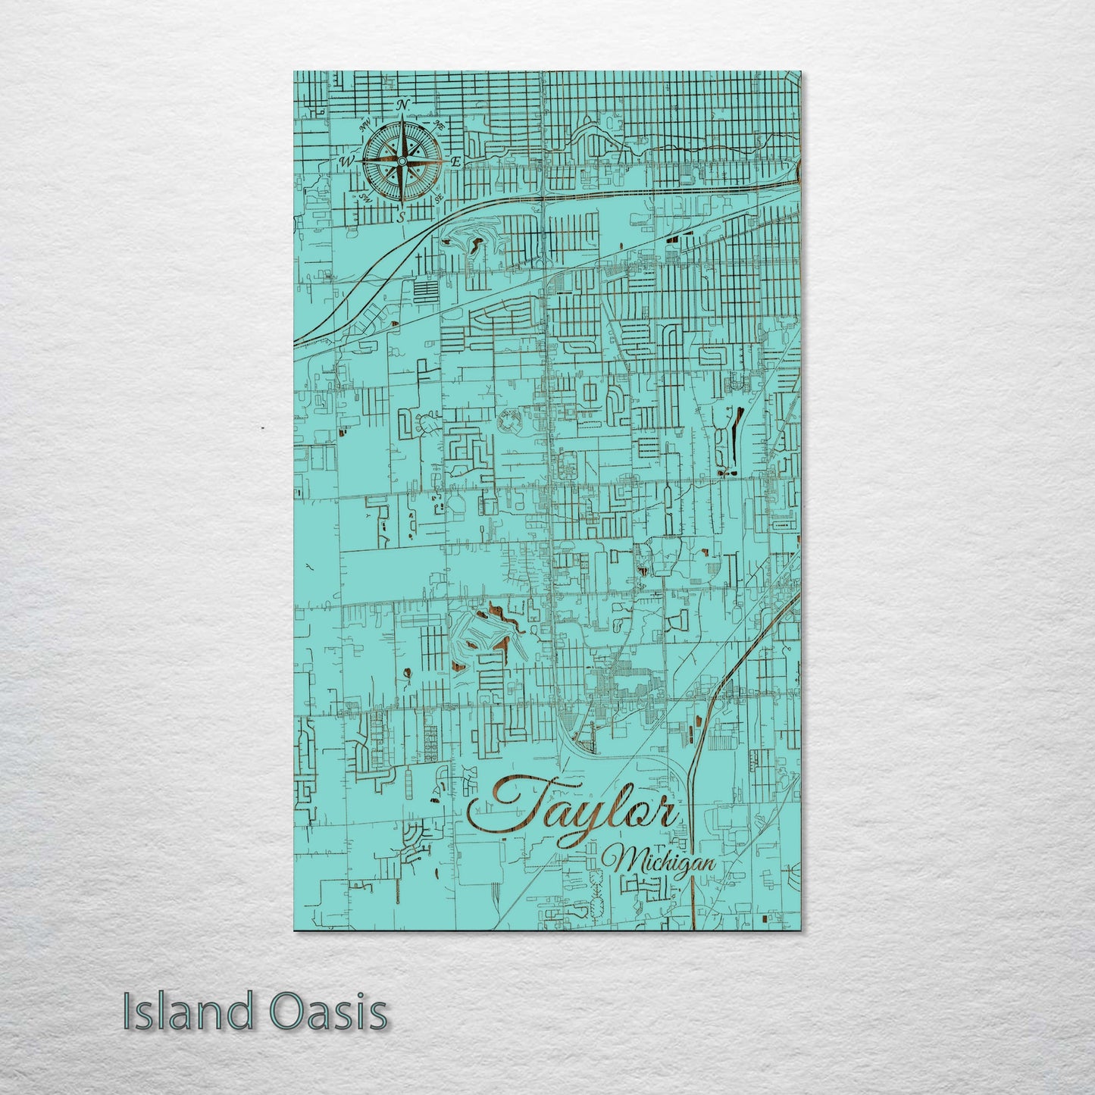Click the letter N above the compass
click(x=403, y=105)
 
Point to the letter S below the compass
click(x=402, y=217)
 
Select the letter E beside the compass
click(x=456, y=162)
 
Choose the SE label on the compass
click(x=439, y=197)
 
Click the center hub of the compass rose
click(x=402, y=161)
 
